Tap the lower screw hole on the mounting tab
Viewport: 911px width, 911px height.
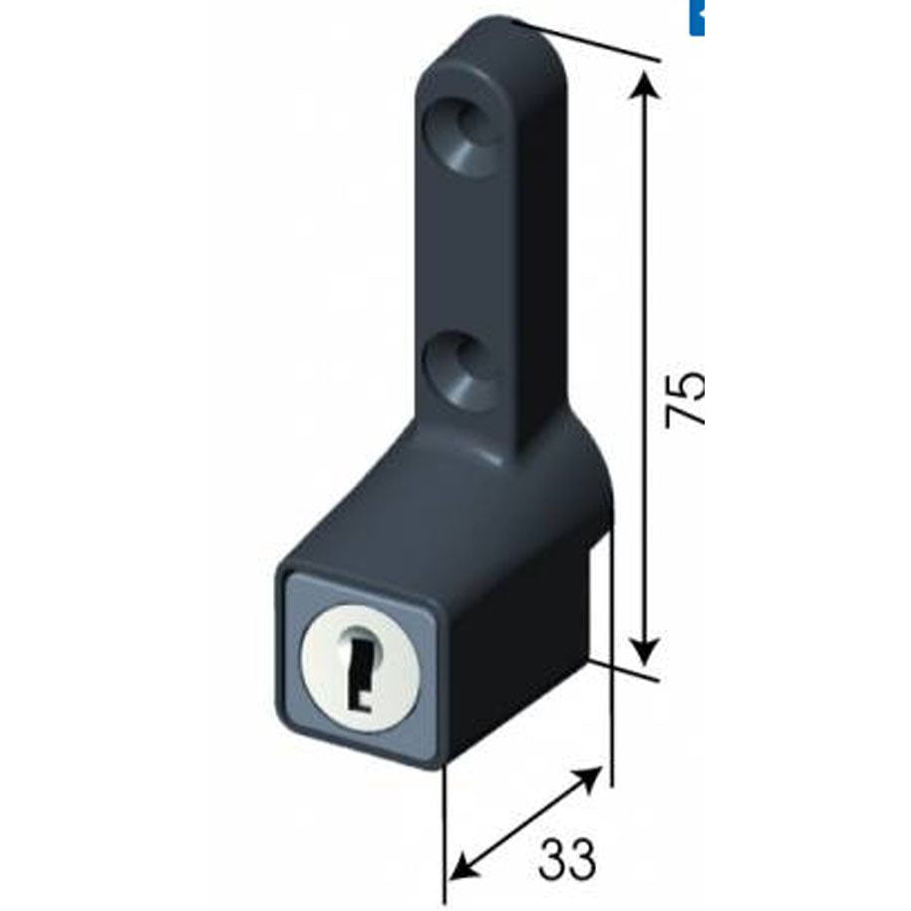pos(464,371)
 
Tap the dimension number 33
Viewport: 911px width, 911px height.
pos(567,858)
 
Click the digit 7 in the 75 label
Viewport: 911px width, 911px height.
pos(685,414)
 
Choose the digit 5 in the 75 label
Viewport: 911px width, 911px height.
pos(685,382)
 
